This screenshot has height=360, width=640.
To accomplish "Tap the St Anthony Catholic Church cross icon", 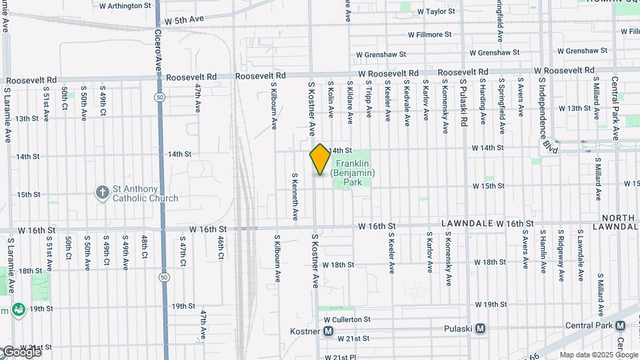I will (x=102, y=192).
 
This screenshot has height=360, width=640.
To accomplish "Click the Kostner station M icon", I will (x=328, y=331).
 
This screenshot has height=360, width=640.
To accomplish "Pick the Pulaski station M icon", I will (x=480, y=329).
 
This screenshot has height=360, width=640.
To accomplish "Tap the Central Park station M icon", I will (x=620, y=325).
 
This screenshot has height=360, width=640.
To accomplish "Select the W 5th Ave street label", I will (x=184, y=21).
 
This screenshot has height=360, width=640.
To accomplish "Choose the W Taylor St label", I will (x=436, y=11).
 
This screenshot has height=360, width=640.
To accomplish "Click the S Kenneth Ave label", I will (x=295, y=197).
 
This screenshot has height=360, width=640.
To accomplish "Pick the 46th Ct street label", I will (x=219, y=246).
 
